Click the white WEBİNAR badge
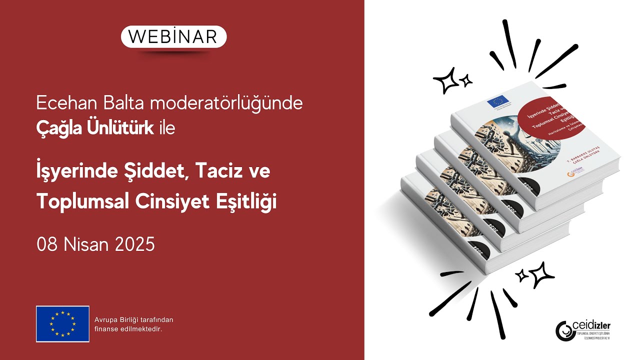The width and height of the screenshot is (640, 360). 173,36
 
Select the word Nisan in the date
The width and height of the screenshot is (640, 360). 86,245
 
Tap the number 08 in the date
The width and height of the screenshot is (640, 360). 46,245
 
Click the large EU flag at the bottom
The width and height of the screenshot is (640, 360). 62,324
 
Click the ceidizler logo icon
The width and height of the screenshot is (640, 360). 564,329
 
